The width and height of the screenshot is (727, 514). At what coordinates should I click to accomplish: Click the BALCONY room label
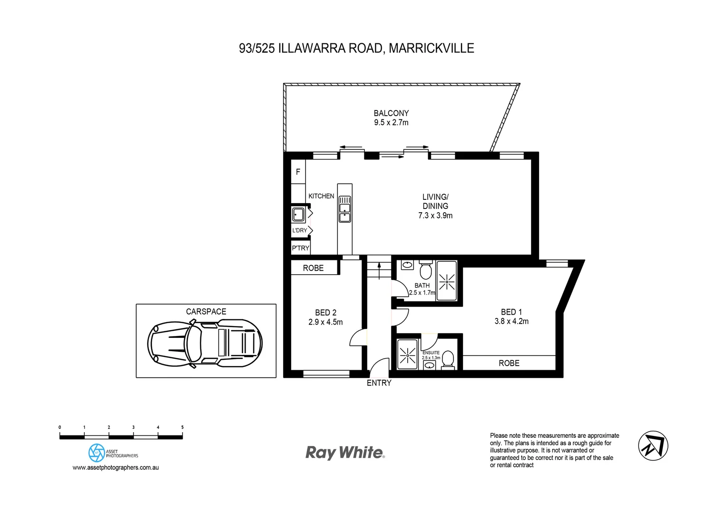coord(391,113)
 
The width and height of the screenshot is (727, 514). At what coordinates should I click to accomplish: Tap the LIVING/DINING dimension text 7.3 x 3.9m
coord(435,216)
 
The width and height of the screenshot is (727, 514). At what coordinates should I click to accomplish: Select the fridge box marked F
coord(298,172)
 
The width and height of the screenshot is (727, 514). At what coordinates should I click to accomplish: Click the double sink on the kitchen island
coord(344,209)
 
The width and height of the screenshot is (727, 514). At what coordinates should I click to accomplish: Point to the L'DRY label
coord(299,230)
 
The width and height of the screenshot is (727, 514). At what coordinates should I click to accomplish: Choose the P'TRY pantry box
coord(300,248)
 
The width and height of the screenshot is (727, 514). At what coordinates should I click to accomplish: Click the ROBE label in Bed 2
coord(313,268)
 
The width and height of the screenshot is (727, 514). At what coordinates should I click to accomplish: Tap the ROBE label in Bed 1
coord(509,363)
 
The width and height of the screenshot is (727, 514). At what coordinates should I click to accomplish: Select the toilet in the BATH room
coord(425,270)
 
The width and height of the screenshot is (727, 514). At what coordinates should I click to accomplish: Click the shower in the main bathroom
coord(447,282)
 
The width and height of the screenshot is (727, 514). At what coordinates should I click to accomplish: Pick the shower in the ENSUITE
coord(407,355)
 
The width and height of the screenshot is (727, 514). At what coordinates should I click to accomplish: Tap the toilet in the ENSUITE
coord(448,359)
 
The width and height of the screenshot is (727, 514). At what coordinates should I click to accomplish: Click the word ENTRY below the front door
coord(379,383)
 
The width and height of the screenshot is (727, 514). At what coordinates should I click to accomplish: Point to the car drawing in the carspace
coord(205,343)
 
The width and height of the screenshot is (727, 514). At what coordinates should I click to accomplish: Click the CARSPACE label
coord(206,312)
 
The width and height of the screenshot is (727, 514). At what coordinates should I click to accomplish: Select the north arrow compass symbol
coord(653,446)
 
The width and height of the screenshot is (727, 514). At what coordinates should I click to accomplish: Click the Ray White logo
coord(344,452)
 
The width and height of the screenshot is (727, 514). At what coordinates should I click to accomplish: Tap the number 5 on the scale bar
coord(182,427)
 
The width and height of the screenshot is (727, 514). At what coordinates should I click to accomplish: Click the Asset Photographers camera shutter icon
coord(97,453)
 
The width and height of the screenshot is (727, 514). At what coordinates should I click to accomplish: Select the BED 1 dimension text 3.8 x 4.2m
coord(511,321)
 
